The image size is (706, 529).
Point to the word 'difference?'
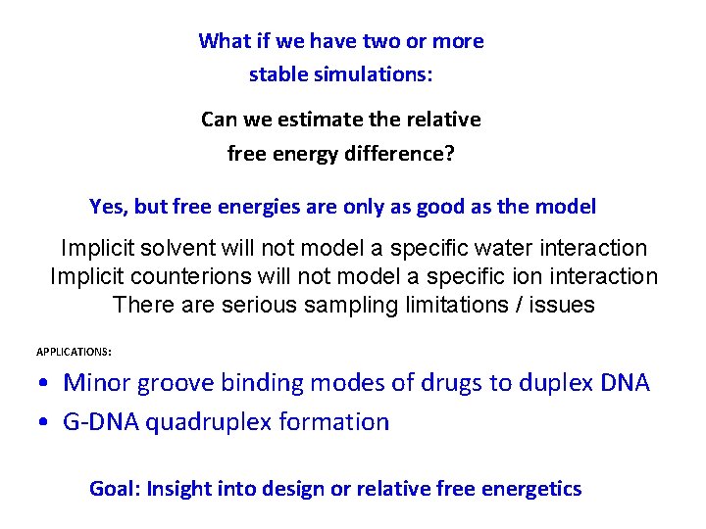(403, 154)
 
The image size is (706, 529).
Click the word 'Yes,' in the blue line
(109, 207)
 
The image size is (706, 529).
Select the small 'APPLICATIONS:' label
(74, 351)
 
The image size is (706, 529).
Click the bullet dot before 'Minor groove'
(49, 383)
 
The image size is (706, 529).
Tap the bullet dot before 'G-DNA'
(49, 423)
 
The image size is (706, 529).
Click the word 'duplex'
(536, 383)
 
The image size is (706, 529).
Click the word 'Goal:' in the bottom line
(115, 489)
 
